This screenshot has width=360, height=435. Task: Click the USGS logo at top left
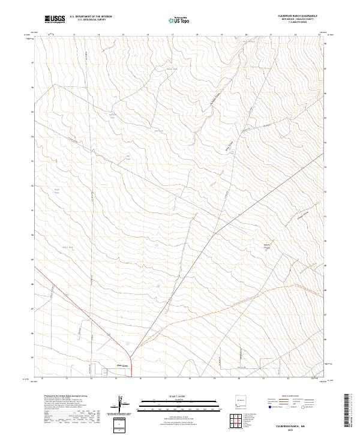(x=55, y=19)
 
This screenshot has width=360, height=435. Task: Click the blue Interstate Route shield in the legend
(x=271, y=407)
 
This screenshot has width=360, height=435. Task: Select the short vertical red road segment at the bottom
(x=131, y=365)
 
